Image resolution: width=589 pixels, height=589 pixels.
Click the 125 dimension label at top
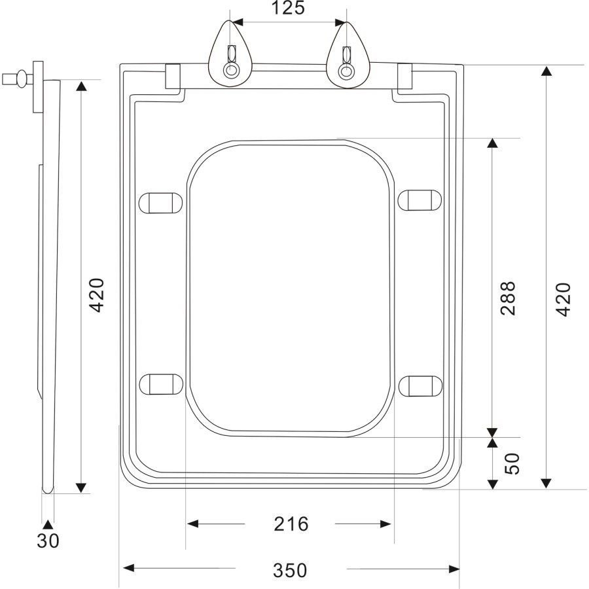[x=288, y=9]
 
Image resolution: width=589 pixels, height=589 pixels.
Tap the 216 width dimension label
[x=291, y=524]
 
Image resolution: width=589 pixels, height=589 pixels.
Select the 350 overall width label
[x=290, y=571]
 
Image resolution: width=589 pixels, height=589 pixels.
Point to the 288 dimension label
[x=509, y=298]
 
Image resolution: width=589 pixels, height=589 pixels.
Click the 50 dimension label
[x=512, y=464]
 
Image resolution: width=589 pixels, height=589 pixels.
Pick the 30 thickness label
[x=48, y=541]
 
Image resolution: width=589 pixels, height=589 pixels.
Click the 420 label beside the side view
[x=97, y=295]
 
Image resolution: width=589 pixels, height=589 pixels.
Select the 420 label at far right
[x=563, y=299]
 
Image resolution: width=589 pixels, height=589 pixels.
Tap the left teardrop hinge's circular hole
[x=230, y=70]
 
